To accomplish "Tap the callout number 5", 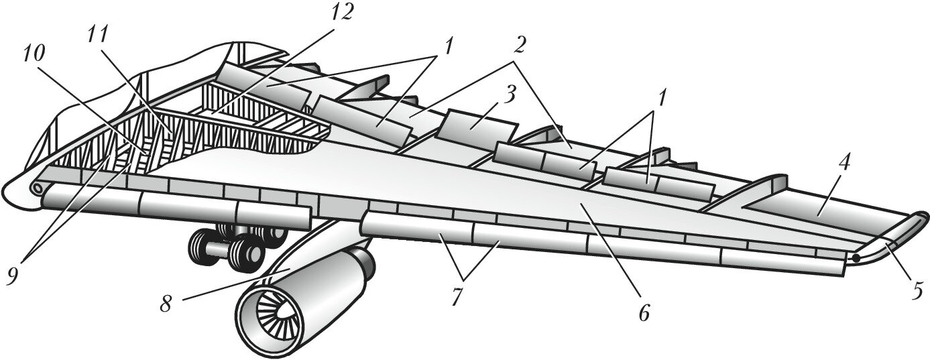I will (x=917, y=290).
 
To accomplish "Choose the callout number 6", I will (x=644, y=312).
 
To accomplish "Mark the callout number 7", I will (x=457, y=296).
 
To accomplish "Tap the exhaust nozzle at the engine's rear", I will (x=363, y=263).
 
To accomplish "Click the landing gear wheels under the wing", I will (x=235, y=245).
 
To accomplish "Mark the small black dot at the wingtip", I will (x=856, y=256).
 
